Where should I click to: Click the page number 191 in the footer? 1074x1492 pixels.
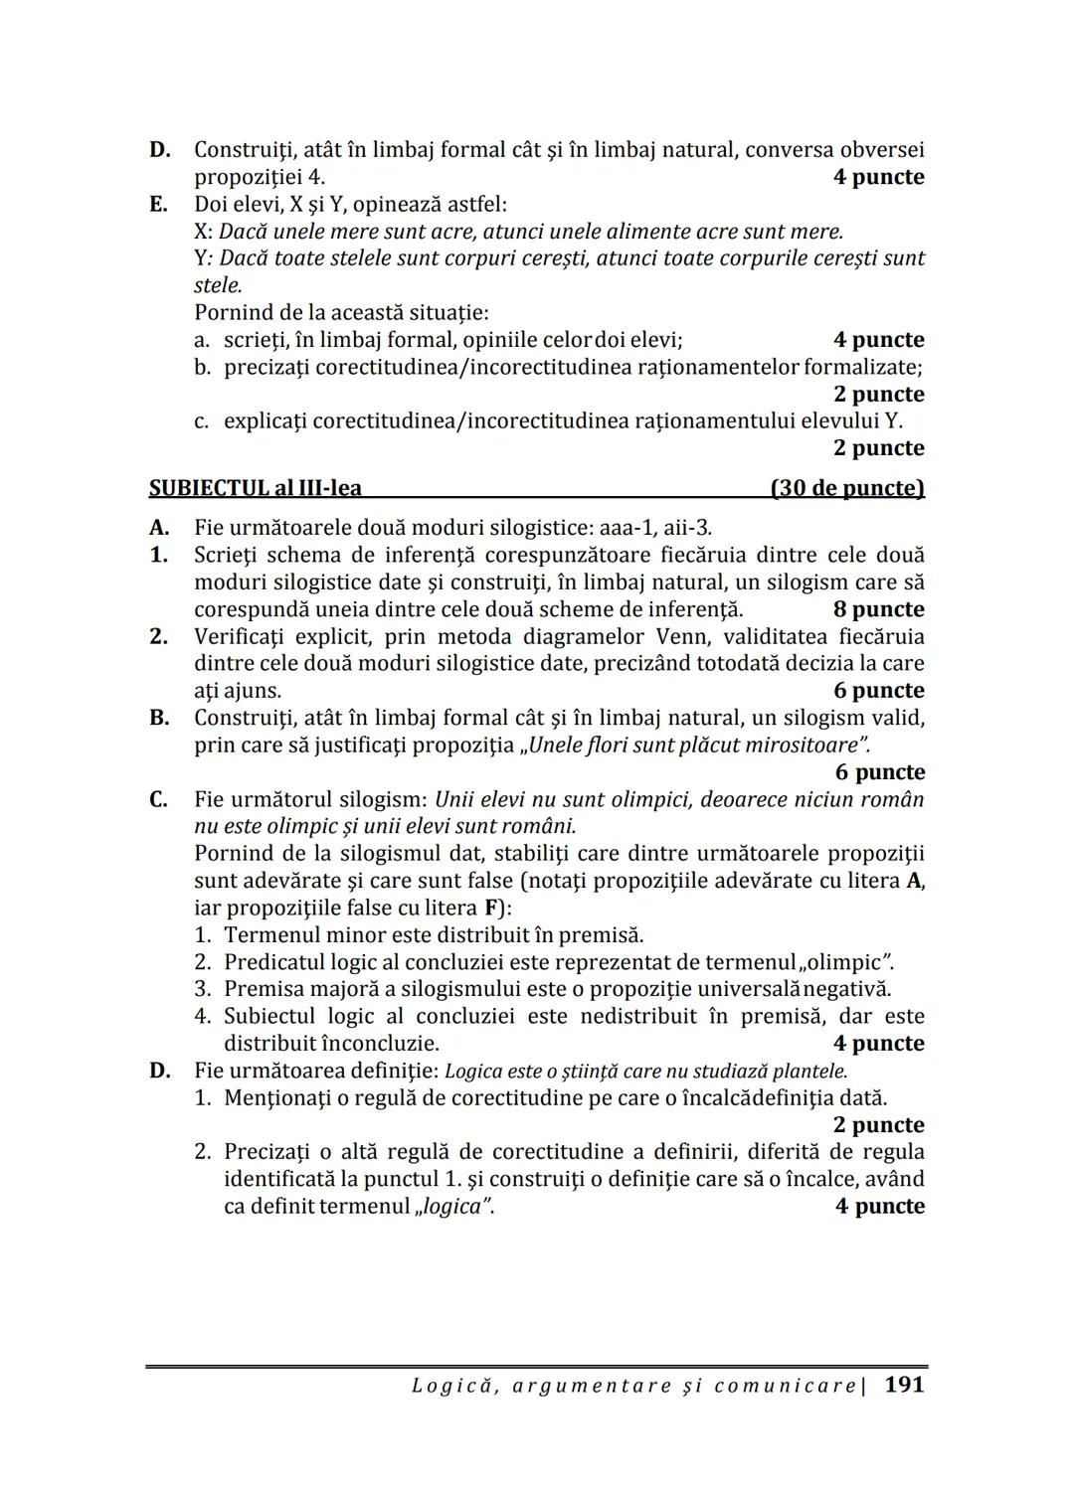pos(903,1384)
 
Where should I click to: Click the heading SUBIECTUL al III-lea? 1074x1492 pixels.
pos(255,488)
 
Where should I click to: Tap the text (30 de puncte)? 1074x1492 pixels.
pos(846,488)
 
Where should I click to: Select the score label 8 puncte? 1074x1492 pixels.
pos(878,609)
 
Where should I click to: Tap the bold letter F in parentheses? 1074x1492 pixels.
pos(490,908)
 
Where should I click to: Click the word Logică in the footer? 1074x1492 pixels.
pos(450,1385)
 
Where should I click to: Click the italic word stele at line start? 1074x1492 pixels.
pos(217,285)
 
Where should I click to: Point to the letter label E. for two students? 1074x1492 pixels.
pos(158,204)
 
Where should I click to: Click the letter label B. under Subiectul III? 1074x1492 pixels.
pos(158,718)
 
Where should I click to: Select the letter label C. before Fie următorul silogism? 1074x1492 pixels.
pos(158,799)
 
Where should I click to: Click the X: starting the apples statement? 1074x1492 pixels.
pos(204,232)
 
